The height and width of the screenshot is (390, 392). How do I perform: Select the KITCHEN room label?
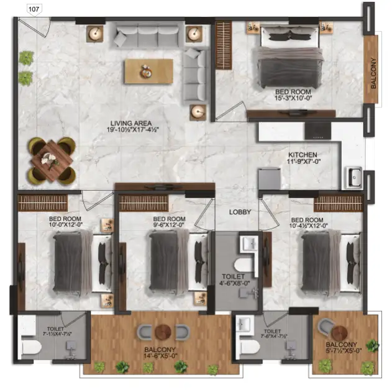click(303, 155)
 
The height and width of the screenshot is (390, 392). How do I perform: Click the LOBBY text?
click(240, 212)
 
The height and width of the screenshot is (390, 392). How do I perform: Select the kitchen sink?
click(355, 177)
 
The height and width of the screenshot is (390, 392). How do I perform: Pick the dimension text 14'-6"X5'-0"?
click(162, 356)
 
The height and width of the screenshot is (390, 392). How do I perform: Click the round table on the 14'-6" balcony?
click(163, 331)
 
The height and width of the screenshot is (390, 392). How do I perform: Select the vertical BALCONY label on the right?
click(373, 73)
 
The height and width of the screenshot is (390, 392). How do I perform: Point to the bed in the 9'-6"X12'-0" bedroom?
click(168, 260)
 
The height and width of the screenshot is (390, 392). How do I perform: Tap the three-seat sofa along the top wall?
click(148, 35)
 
